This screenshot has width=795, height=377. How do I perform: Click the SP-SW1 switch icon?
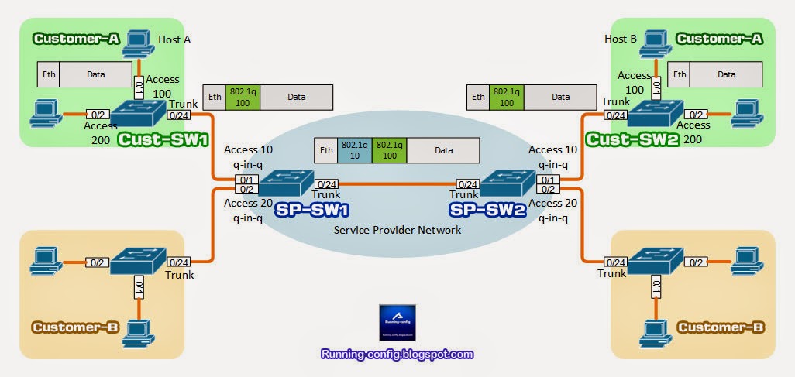point(284,183)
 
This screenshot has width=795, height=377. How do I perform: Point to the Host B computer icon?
point(655,41)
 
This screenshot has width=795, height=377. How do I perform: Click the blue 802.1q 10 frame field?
point(353,150)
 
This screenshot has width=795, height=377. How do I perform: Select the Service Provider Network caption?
point(397,230)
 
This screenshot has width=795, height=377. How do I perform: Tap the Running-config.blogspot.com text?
point(397,354)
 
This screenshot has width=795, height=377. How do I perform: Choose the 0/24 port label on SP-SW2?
point(467,183)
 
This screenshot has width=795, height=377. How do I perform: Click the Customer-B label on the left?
point(74,327)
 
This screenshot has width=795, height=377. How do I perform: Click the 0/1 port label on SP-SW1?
point(246,180)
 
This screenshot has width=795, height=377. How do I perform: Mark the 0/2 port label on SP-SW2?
point(546,189)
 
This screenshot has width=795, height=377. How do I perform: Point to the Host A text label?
point(174,39)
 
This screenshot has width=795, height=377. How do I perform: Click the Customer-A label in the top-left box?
point(74,37)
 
